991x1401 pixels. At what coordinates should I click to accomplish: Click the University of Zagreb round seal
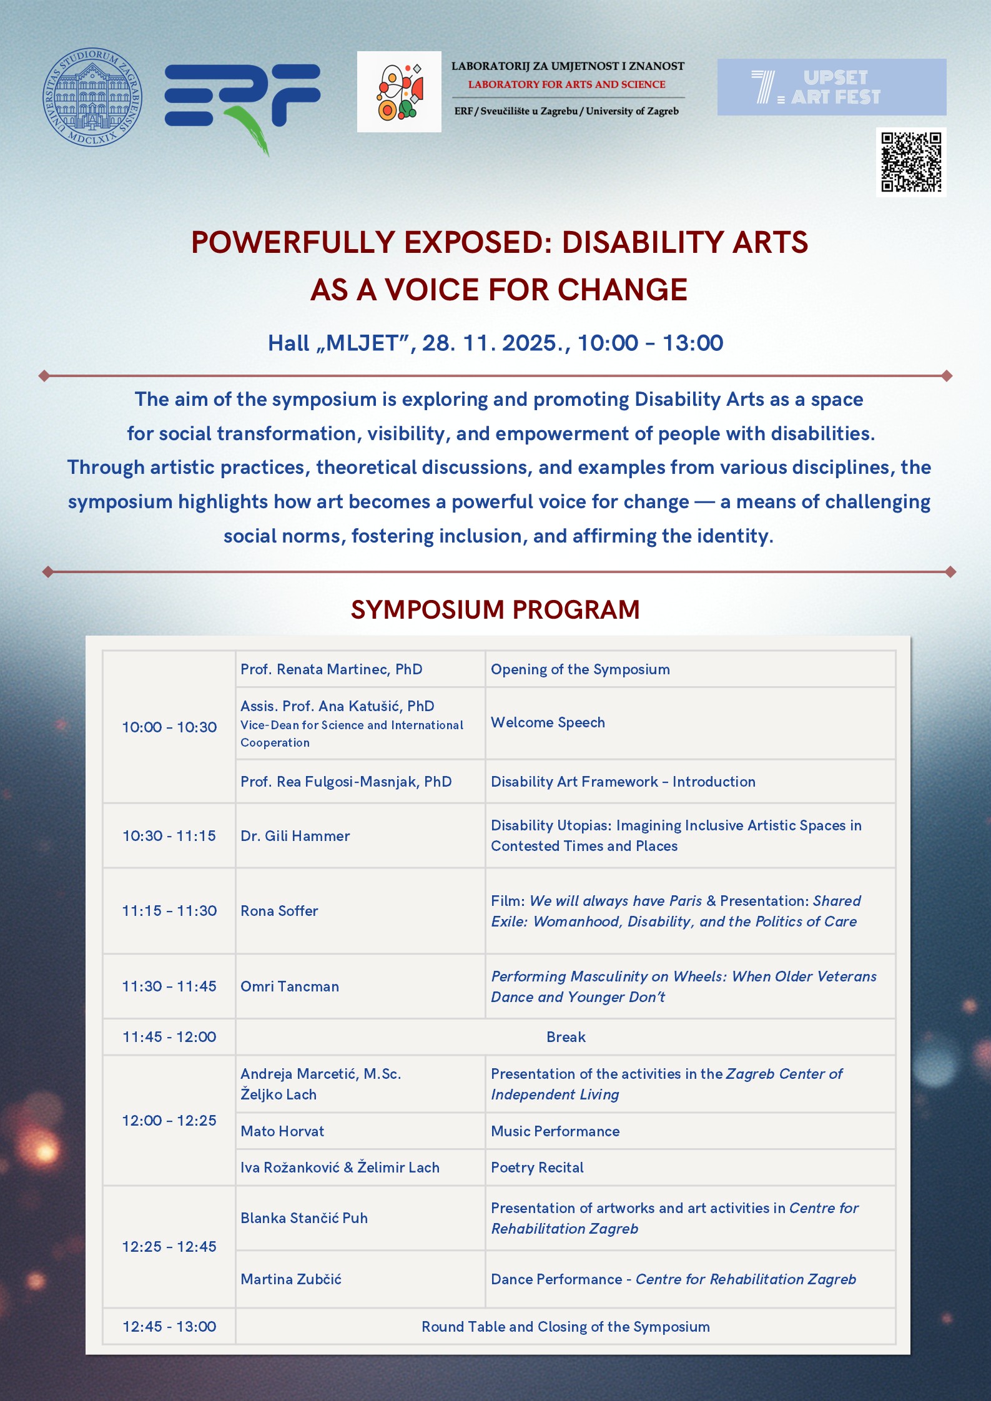[92, 97]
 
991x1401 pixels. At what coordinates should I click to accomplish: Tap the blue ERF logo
[243, 106]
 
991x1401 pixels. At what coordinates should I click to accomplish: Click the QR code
[911, 162]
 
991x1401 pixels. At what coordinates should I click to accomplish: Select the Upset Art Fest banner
[832, 87]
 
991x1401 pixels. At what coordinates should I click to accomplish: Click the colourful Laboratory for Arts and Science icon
[399, 92]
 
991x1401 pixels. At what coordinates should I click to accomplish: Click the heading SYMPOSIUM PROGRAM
[495, 610]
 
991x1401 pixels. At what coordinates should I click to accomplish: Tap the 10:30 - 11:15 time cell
[169, 836]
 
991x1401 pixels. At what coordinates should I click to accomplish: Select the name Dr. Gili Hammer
[295, 836]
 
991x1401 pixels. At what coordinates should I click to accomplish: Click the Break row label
[566, 1037]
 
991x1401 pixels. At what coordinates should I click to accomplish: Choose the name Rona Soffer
[279, 911]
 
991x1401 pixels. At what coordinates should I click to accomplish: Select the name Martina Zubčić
[291, 1279]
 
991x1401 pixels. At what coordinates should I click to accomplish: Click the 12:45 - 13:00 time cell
[169, 1327]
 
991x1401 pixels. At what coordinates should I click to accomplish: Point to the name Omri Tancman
[290, 986]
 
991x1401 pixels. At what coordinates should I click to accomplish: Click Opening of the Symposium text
[580, 669]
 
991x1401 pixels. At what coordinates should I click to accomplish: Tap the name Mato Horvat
[282, 1131]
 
